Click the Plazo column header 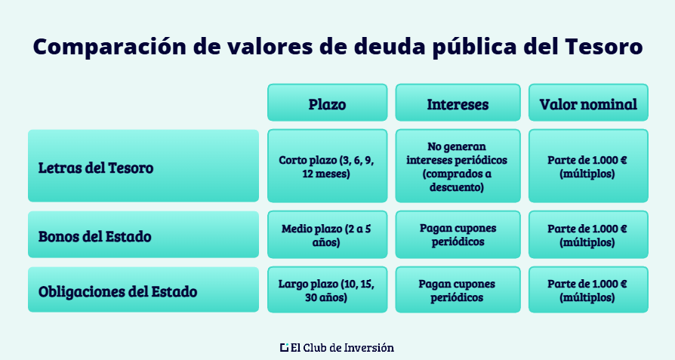pos(327,103)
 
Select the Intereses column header pos(458,103)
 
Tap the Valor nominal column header pos(588,103)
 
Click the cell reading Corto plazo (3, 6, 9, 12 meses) pos(327,167)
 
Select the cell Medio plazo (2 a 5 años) pos(327,235)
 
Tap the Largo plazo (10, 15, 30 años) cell pos(327,291)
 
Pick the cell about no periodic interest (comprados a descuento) pos(458,167)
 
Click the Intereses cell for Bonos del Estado pos(458,235)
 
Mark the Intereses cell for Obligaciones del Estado pos(458,291)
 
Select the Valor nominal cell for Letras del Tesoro pos(588,167)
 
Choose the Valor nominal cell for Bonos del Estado pos(588,235)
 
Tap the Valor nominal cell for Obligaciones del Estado pos(588,291)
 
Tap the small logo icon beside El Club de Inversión pos(284,348)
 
